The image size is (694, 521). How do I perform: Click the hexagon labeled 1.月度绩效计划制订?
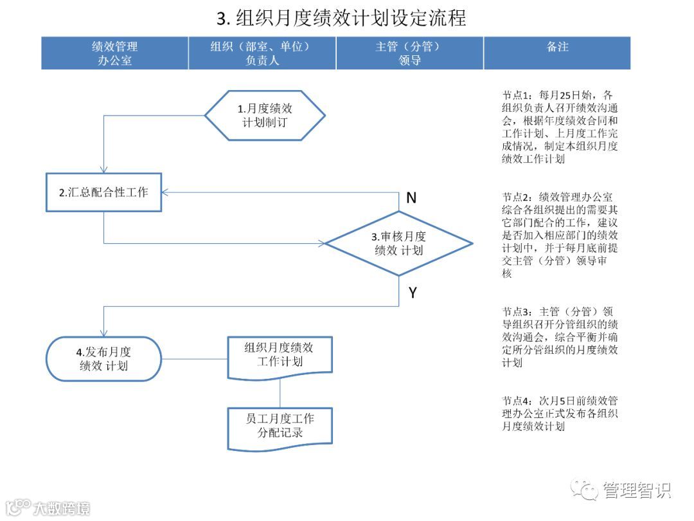(x=265, y=116)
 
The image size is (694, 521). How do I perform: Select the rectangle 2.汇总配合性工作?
(x=103, y=192)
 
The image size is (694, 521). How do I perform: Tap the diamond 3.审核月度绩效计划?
(x=398, y=243)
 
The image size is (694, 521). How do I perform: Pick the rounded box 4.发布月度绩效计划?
(x=103, y=359)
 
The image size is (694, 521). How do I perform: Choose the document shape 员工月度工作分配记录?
(x=280, y=426)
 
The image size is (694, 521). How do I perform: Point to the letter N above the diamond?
(x=411, y=198)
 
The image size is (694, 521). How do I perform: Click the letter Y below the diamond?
(x=413, y=293)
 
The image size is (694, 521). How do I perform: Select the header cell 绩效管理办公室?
(x=115, y=53)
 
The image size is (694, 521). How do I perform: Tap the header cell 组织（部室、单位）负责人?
(x=262, y=53)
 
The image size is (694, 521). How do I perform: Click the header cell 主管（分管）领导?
(x=409, y=53)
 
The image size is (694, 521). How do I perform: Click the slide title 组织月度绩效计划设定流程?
(x=341, y=17)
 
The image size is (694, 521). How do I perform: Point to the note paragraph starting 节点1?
(x=560, y=127)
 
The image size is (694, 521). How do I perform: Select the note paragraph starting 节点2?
(x=560, y=235)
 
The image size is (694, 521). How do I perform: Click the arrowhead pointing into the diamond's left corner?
(x=321, y=243)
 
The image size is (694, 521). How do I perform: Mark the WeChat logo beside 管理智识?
(x=585, y=490)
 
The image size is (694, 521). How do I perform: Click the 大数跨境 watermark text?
(x=61, y=507)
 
